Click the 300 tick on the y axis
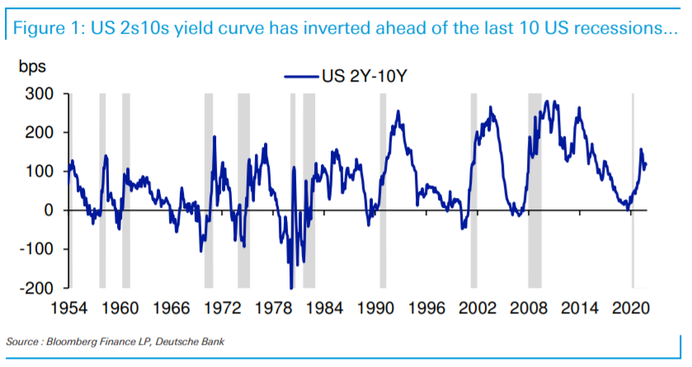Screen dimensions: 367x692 click(38, 94)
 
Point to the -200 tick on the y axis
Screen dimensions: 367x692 click(35, 289)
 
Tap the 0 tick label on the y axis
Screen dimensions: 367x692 click(48, 211)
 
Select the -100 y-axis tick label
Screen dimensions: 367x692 click(35, 250)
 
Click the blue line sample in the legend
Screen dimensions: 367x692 click(303, 76)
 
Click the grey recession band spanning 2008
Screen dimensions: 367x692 click(534, 190)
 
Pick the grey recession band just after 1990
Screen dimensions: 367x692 click(383, 190)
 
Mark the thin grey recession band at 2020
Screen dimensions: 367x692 click(633, 190)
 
